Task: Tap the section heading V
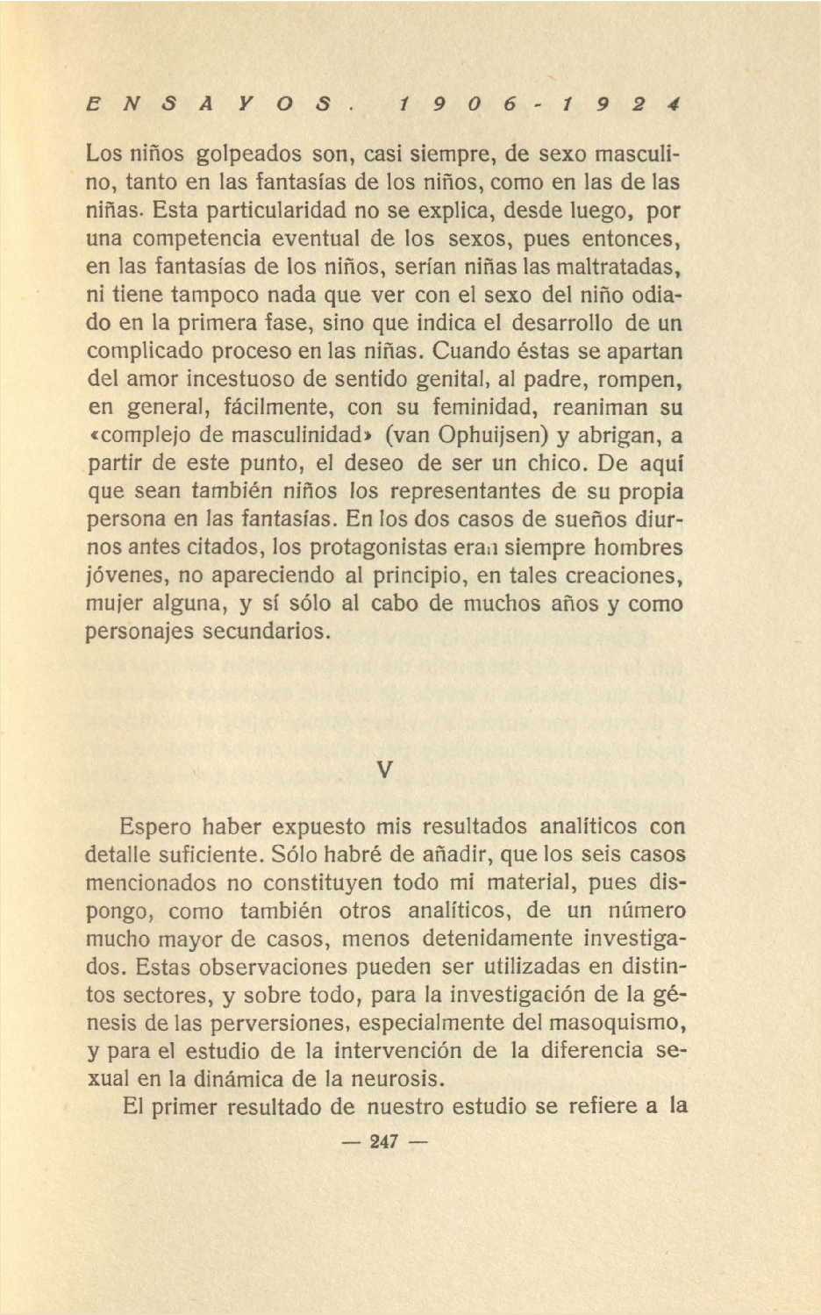coord(384,770)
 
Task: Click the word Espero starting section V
coord(155,826)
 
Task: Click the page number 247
coord(384,1141)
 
